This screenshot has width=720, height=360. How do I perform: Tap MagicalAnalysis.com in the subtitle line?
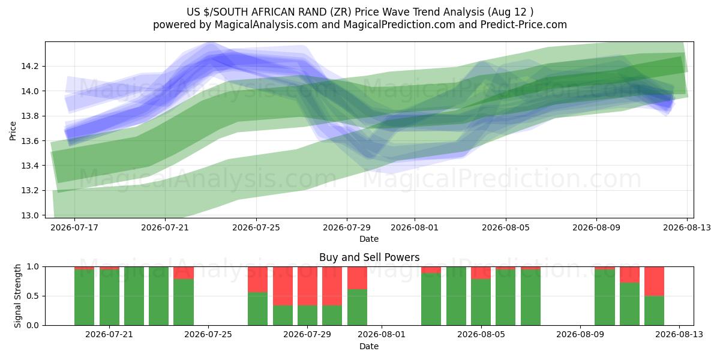click(x=266, y=25)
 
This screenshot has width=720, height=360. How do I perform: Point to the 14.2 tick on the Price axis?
click(x=30, y=67)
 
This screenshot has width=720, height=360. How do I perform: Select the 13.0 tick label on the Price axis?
click(x=30, y=215)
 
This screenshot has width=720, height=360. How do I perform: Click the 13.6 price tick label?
click(x=30, y=141)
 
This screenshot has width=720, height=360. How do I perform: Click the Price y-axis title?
click(x=13, y=131)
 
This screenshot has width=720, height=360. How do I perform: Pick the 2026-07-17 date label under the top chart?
click(x=74, y=227)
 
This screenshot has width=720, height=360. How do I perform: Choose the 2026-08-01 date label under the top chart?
click(x=415, y=227)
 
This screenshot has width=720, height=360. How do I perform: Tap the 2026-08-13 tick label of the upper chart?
click(x=687, y=227)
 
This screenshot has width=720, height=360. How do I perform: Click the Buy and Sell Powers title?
click(x=370, y=257)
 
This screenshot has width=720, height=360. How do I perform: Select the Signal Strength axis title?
click(x=17, y=296)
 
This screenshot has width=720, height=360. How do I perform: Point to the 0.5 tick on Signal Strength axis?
click(x=32, y=296)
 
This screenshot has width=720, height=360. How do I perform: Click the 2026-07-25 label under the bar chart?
click(x=208, y=335)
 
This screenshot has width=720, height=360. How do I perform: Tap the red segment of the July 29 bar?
click(x=307, y=286)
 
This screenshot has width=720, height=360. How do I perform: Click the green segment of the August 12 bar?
click(x=654, y=311)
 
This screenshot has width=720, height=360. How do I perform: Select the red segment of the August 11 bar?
click(x=629, y=275)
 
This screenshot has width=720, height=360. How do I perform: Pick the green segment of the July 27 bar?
click(x=257, y=309)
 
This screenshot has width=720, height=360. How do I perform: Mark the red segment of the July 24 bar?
click(x=184, y=273)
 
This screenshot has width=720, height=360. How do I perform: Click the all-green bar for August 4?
click(x=456, y=296)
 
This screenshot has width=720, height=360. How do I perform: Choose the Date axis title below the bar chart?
click(x=369, y=346)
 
